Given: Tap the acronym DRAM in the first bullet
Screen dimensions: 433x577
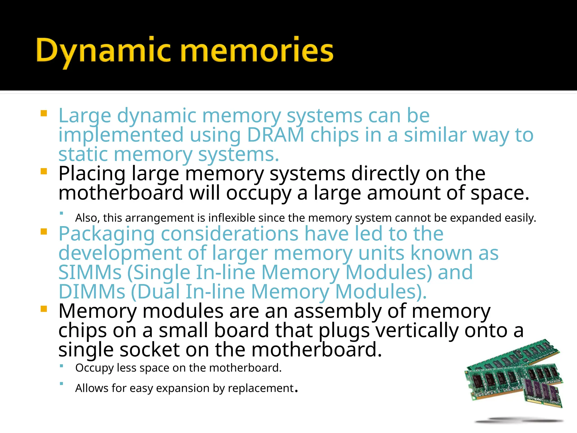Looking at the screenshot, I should coord(276,135).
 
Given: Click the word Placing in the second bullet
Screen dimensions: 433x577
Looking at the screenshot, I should coord(92,174).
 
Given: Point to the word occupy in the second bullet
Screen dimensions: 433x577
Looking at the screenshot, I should coord(258,193).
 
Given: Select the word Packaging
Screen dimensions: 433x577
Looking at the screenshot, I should coord(106,234).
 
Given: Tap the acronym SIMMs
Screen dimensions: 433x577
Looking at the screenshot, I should coord(90,273).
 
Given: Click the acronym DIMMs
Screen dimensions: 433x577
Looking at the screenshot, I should coord(92,292).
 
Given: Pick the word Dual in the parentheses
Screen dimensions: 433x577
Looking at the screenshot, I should coord(159,292).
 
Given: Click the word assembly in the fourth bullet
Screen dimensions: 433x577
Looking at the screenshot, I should coord(337,311).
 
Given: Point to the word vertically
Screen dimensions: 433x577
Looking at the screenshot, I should coord(417,330).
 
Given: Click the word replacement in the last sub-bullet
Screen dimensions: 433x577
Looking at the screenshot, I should coord(261,388).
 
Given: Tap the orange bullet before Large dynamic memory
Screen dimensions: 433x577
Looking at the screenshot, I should coord(44,114).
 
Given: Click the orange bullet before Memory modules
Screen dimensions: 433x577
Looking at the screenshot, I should coord(44,309).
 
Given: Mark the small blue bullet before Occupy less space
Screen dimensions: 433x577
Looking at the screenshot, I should coord(61,366).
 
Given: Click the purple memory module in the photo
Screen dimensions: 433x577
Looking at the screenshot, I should coord(542,392).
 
